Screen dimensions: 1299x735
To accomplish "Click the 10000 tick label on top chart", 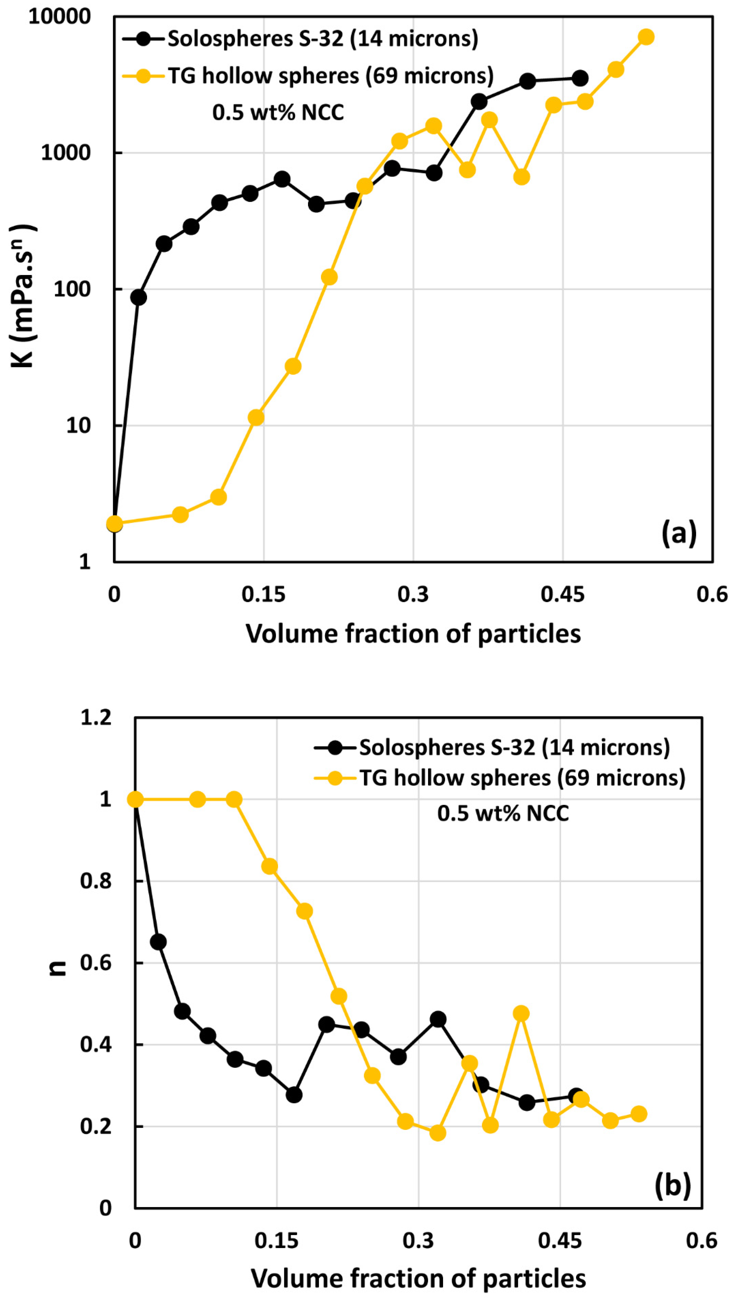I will (x=59, y=17).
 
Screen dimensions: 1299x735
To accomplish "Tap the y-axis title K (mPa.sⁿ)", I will (x=23, y=296).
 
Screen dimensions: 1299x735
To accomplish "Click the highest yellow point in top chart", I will (x=646, y=37).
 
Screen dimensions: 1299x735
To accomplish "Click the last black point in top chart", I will (x=580, y=78).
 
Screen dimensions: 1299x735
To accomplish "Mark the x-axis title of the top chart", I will (x=413, y=633).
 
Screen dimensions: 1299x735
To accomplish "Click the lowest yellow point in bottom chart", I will (x=438, y=1133).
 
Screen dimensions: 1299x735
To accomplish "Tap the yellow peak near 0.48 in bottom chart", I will (x=521, y=1013).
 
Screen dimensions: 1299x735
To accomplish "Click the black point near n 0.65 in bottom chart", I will (x=158, y=942).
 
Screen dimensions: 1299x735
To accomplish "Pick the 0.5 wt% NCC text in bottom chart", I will (x=503, y=813).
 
